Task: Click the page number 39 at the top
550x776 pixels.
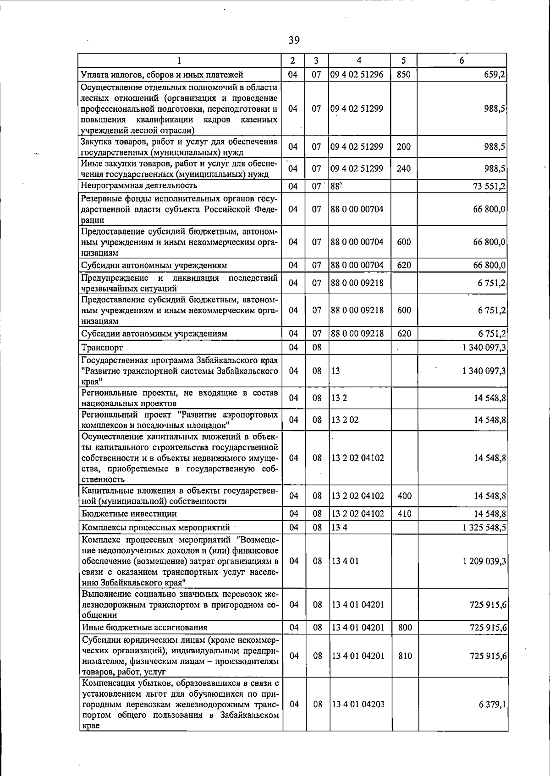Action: pos(294,41)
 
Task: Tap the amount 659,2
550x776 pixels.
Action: pos(495,75)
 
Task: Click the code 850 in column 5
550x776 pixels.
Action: pos(403,75)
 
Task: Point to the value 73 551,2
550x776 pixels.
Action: pos(489,186)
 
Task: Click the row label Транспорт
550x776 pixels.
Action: pos(102,347)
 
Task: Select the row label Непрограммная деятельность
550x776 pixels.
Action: pos(139,186)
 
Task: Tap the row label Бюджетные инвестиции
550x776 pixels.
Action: pos(129,514)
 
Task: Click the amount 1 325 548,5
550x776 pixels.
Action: pos(484,527)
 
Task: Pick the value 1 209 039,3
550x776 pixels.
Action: pos(484,561)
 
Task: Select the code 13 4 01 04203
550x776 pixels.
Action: pos(358,704)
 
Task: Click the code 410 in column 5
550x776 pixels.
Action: pos(404,514)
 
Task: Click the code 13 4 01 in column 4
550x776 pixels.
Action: pos(345,561)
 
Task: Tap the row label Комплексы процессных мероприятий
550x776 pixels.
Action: pos(155,527)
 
